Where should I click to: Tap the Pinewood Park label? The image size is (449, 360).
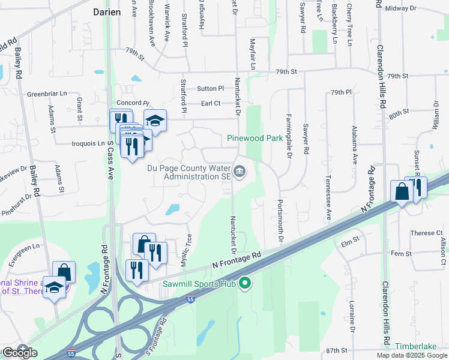(255, 138)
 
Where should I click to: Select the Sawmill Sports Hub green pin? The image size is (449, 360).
(244, 283)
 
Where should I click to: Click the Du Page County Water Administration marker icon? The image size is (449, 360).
(240, 172)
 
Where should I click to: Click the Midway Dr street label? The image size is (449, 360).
(401, 8)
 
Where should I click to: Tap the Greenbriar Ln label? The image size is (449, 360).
(47, 94)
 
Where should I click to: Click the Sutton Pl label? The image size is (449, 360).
(211, 88)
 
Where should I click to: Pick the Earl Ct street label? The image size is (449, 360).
(211, 103)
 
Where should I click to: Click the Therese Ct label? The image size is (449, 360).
(426, 233)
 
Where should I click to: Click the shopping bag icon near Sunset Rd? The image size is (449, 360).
(401, 192)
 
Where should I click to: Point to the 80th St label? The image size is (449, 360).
(399, 112)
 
